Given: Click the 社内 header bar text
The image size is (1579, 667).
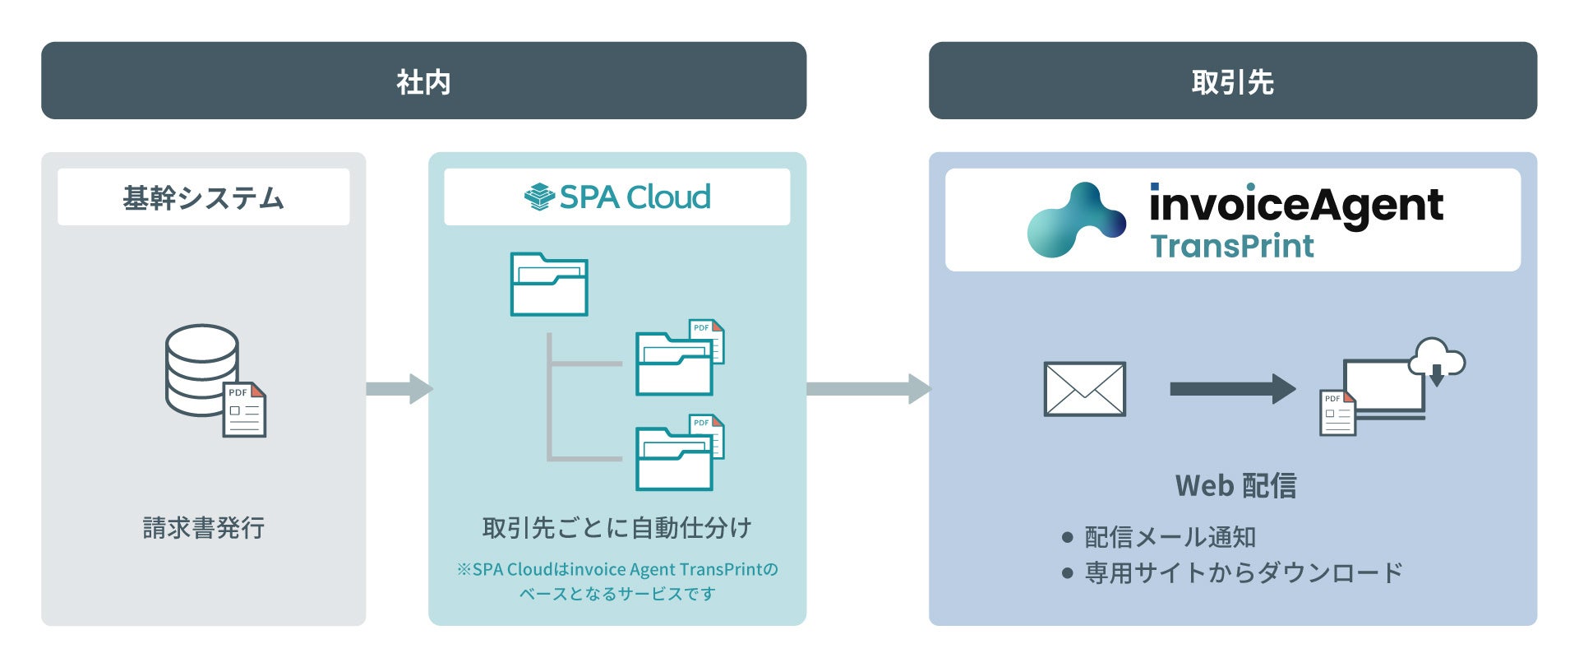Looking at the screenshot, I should pos(423,82).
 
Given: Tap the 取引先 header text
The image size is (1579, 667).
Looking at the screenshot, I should pos(1232,82).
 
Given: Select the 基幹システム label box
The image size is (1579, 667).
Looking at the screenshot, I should pos(203,197).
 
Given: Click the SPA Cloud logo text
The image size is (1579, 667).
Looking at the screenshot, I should pos(635,197).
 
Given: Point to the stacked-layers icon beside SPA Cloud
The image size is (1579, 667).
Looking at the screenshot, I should pos(539,197).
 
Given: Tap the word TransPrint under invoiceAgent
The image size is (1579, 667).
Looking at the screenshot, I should pos(1231,247).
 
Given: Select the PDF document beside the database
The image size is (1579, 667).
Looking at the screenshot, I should pos(245,410).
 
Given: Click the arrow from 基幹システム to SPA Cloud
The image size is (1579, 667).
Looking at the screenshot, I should pos(399,389).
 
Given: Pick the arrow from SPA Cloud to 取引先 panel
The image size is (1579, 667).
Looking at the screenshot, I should pos(868,389).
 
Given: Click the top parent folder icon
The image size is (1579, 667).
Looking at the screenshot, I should pos(549,285).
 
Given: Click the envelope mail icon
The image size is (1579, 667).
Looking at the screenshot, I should pos(1084,389).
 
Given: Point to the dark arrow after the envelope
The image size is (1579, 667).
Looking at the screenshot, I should pos(1232,389).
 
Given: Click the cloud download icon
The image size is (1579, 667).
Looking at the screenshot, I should pos(1437,360).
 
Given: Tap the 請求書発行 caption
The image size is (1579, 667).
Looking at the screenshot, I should pos(203,528).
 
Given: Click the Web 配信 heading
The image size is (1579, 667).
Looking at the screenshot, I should pos(1235,486).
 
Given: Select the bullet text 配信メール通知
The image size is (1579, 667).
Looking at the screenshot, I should pos(1170,538).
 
